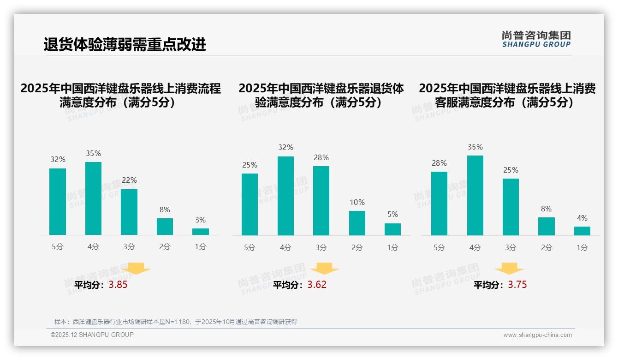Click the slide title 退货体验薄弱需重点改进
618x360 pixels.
pyautogui.click(x=125, y=45)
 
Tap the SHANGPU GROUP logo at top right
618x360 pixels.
pyautogui.click(x=536, y=39)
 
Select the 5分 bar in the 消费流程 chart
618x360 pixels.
pyautogui.click(x=58, y=202)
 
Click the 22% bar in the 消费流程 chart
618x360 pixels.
pyautogui.click(x=129, y=212)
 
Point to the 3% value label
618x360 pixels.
pyautogui.click(x=200, y=220)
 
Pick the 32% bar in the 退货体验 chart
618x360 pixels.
pyautogui.click(x=285, y=196)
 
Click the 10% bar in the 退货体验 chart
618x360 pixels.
pyautogui.click(x=357, y=223)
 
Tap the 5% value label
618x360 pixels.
pyautogui.click(x=392, y=215)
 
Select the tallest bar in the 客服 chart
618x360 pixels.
pyautogui.click(x=475, y=195)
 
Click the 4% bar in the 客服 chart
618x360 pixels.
pyautogui.click(x=582, y=231)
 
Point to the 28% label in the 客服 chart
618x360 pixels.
pyautogui.click(x=439, y=163)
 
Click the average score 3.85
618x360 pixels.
pyautogui.click(x=118, y=285)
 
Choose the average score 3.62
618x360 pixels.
pyautogui.click(x=317, y=285)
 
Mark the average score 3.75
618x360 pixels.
pyautogui.click(x=517, y=285)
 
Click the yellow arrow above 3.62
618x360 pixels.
pyautogui.click(x=325, y=269)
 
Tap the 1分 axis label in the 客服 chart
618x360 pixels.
pyautogui.click(x=582, y=248)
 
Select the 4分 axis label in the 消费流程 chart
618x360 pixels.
pyautogui.click(x=93, y=247)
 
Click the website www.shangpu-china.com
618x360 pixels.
pyautogui.click(x=537, y=335)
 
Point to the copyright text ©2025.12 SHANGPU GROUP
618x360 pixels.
pyautogui.click(x=92, y=335)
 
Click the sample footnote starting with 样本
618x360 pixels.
pyautogui.click(x=176, y=322)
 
